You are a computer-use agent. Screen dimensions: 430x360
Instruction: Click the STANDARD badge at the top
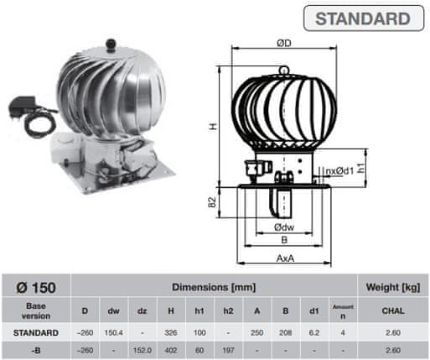(364, 18)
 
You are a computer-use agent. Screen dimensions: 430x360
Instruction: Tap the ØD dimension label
(284, 43)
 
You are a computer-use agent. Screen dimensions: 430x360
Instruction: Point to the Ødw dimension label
(284, 227)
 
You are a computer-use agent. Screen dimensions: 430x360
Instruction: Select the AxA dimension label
(285, 258)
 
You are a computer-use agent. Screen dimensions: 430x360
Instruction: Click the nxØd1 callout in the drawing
(340, 170)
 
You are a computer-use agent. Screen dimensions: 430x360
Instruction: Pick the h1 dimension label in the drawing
(361, 168)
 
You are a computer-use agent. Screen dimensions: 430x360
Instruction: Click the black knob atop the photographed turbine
(111, 44)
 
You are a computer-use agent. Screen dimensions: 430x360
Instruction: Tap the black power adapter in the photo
(22, 107)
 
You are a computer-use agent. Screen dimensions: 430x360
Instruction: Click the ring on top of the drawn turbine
(283, 70)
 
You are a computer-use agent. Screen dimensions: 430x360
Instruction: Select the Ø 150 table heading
(36, 287)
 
